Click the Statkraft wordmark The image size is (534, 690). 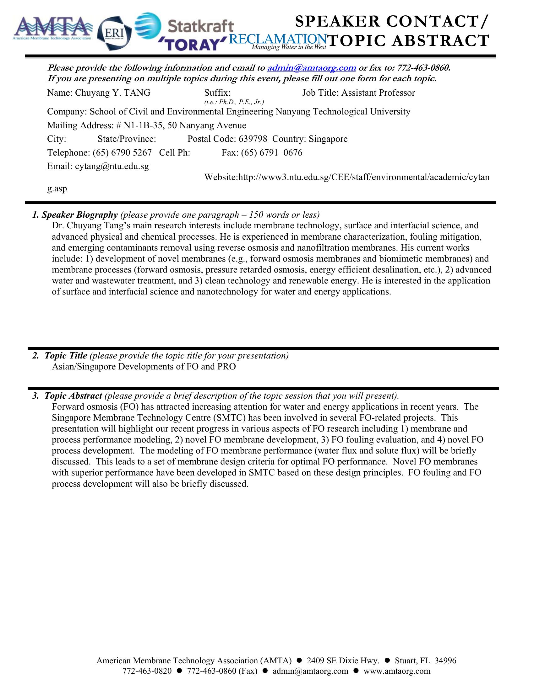pos(200,27)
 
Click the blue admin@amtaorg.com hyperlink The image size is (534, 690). pos(312,68)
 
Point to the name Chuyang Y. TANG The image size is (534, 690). pos(113,93)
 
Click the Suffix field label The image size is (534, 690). pos(217,93)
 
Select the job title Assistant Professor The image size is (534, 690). pos(378,93)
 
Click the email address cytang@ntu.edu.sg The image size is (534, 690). pos(112,166)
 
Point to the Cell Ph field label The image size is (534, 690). pos(174,153)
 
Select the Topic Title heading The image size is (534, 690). pos(65,356)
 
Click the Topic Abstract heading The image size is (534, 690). pos(73,396)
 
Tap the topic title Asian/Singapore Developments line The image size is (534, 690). pos(144,367)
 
